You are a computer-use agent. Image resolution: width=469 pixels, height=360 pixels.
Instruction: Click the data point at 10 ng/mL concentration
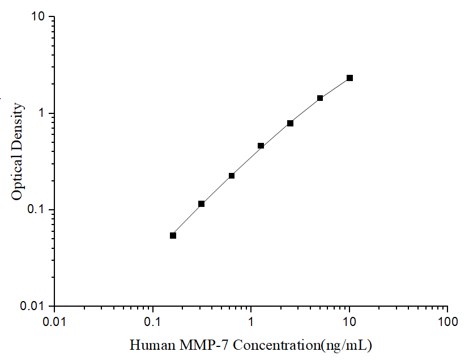point(349,78)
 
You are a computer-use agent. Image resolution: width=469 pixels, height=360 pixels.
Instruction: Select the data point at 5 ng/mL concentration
point(320,98)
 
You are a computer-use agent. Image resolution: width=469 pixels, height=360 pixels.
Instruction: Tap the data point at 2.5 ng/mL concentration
point(290,123)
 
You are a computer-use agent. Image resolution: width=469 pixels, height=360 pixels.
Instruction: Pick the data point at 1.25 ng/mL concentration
point(261,146)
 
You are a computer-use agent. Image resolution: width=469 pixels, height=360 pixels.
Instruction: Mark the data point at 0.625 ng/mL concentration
point(231,176)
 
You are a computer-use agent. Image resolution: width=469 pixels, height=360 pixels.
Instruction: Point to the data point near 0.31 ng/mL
point(201,204)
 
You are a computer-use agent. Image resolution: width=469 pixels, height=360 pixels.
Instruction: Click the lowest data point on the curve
point(173,235)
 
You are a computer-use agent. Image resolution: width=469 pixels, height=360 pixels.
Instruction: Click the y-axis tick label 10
point(37,17)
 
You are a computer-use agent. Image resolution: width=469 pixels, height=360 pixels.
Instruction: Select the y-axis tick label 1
point(41,113)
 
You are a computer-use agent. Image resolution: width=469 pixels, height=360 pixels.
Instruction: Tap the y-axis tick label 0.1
point(35,210)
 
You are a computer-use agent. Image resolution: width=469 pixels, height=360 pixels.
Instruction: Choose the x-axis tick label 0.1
point(152,321)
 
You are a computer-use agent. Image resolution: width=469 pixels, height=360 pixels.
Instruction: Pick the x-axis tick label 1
point(251,321)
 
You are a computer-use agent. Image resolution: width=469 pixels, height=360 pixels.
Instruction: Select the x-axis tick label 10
point(349,321)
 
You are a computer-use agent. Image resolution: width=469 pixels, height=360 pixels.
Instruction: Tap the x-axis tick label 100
point(447,321)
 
